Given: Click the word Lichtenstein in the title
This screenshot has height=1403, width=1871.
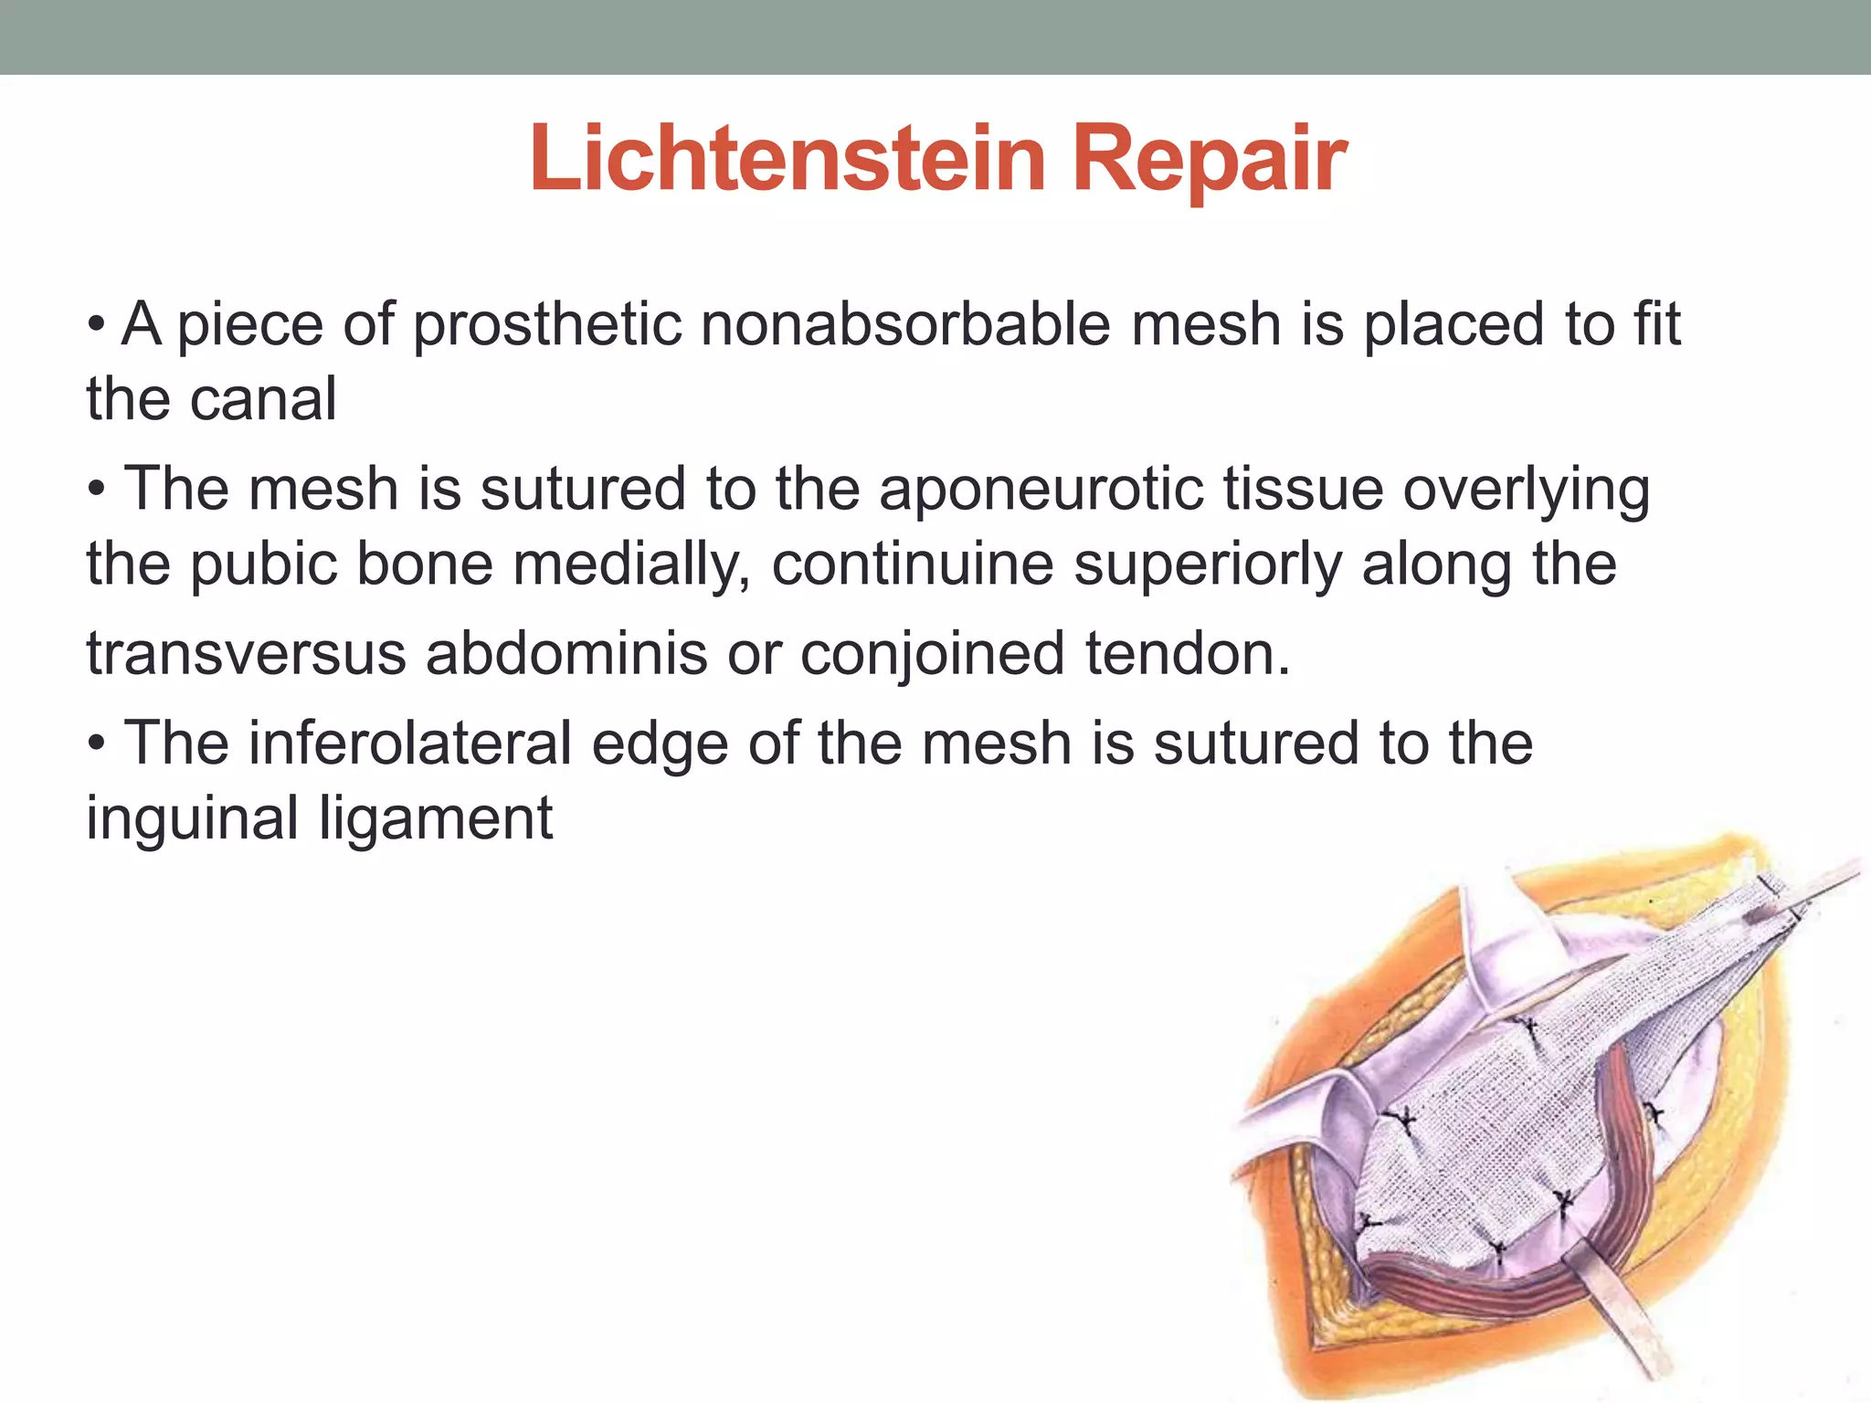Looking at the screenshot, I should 788,160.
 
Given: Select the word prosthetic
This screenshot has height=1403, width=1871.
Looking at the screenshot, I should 546,324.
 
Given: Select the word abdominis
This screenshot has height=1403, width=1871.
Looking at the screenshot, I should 566,654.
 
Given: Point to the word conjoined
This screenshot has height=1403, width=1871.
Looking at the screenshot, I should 932,654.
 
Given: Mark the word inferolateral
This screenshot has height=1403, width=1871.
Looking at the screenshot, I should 410,743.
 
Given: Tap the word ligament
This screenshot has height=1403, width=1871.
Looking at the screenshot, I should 436,818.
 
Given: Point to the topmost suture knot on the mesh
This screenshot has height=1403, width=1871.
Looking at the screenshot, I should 1527,1028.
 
